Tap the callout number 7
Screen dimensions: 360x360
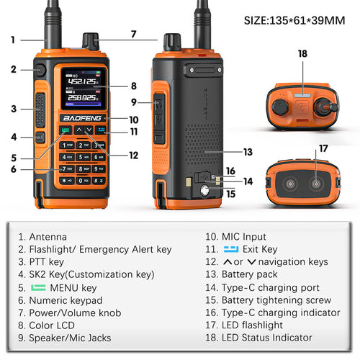pyautogui.click(x=132, y=34)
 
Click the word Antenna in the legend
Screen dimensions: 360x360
pyautogui.click(x=48, y=236)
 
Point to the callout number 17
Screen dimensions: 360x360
pyautogui.click(x=323, y=149)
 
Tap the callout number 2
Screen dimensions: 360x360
pyautogui.click(x=13, y=69)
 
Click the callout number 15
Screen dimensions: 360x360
pyautogui.click(x=230, y=193)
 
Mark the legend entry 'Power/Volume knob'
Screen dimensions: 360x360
pyautogui.click(x=75, y=312)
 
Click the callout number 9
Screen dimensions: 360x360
pyautogui.click(x=134, y=102)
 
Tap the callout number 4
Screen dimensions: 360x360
pyautogui.click(x=13, y=136)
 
